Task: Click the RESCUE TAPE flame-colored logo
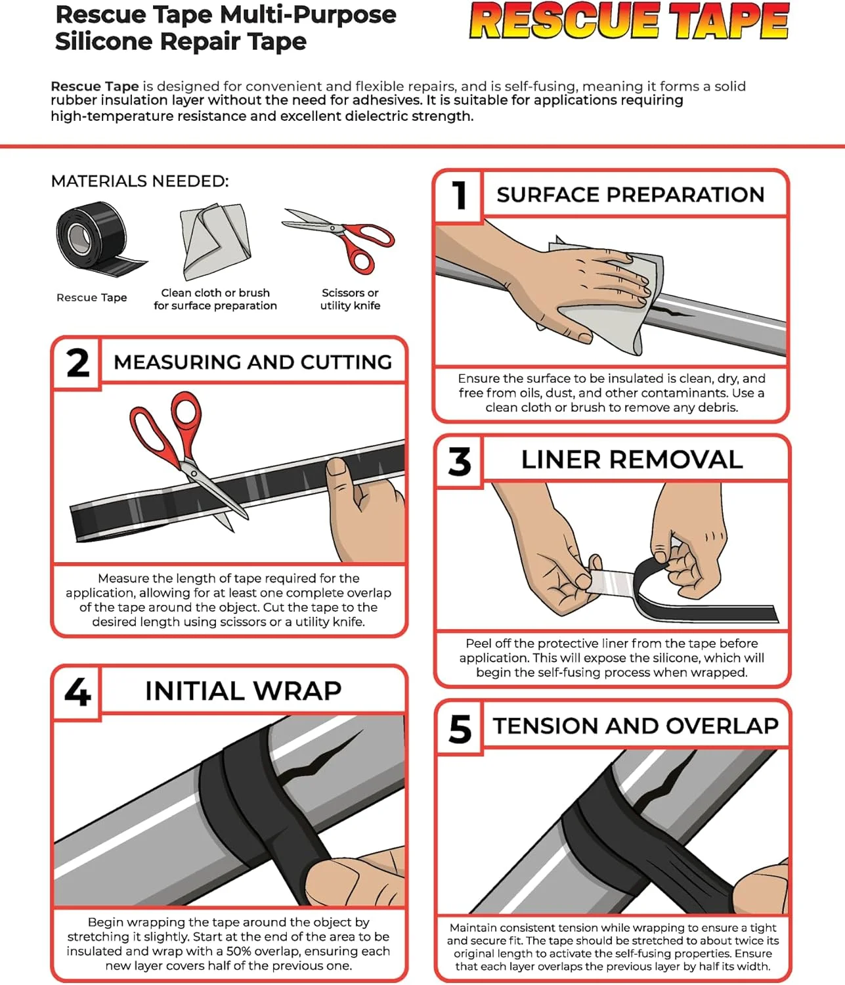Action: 629,21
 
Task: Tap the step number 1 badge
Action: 460,195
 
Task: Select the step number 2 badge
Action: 77,362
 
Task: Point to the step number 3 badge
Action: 460,461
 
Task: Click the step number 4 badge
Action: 77,691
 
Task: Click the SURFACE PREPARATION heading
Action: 630,195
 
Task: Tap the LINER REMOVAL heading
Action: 632,460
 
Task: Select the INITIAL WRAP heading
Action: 243,691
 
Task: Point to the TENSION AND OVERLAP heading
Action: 636,726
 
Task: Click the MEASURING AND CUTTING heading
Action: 253,362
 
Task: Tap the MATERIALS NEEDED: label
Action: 140,181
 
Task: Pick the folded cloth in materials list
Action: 215,241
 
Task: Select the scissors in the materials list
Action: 339,240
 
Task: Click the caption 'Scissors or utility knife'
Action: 351,299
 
